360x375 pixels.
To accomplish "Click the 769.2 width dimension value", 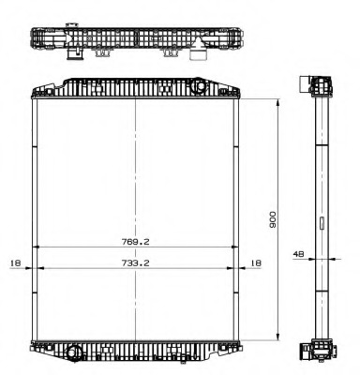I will (x=137, y=241).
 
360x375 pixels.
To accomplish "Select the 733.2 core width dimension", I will (x=137, y=263).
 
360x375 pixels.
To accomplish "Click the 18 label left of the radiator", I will (x=15, y=263).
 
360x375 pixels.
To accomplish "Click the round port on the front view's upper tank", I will (x=199, y=87).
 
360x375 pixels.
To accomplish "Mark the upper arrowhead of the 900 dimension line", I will (x=279, y=98).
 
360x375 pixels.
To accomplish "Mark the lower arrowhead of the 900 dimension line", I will (x=279, y=337).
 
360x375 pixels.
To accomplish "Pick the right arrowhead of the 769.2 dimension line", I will (x=240, y=247).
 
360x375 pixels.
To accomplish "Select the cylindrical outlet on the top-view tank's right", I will (x=198, y=55).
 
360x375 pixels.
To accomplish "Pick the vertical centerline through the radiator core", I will (x=137, y=169).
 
